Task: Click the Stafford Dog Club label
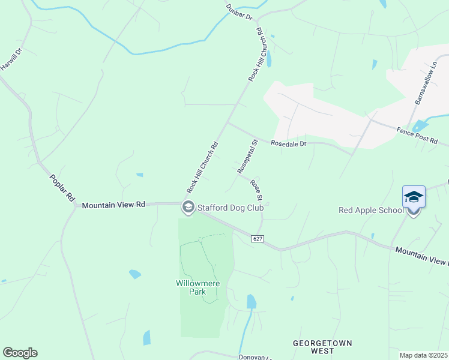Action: pyautogui.click(x=230, y=208)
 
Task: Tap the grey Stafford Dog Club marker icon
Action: pyautogui.click(x=187, y=208)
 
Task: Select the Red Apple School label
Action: pyautogui.click(x=370, y=210)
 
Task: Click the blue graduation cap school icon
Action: pyautogui.click(x=414, y=197)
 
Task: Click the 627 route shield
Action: pyautogui.click(x=258, y=238)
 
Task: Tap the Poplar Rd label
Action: pyautogui.click(x=61, y=188)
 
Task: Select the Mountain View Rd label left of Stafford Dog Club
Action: pyautogui.click(x=113, y=205)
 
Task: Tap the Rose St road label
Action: pyautogui.click(x=257, y=190)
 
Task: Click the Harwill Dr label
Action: pyautogui.click(x=10, y=61)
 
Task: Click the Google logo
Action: pyautogui.click(x=20, y=353)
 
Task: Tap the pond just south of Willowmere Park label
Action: pyautogui.click(x=251, y=301)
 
